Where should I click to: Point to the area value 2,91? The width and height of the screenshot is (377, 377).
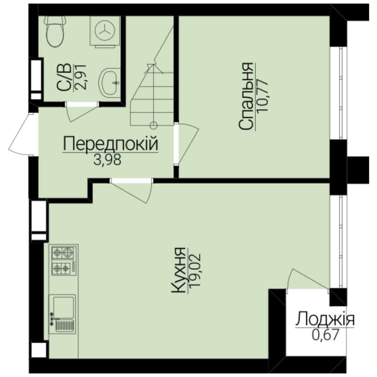[x=80, y=77]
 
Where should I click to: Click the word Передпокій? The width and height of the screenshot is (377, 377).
[x=111, y=143]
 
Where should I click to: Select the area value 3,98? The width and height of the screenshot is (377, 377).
[x=107, y=160]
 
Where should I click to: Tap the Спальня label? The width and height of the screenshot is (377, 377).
[x=246, y=96]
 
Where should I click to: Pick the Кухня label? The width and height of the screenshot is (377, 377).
[x=178, y=270]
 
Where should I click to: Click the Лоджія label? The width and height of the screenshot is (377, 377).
[x=325, y=319]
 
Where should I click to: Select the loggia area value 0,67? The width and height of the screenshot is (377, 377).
[x=326, y=334]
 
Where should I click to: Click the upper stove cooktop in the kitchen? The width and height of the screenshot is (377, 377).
[x=62, y=252]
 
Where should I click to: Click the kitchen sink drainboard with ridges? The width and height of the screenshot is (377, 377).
[x=65, y=325]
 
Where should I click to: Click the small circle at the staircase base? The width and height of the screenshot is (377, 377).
[x=153, y=125]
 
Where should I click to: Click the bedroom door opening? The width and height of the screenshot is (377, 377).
[x=176, y=144]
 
